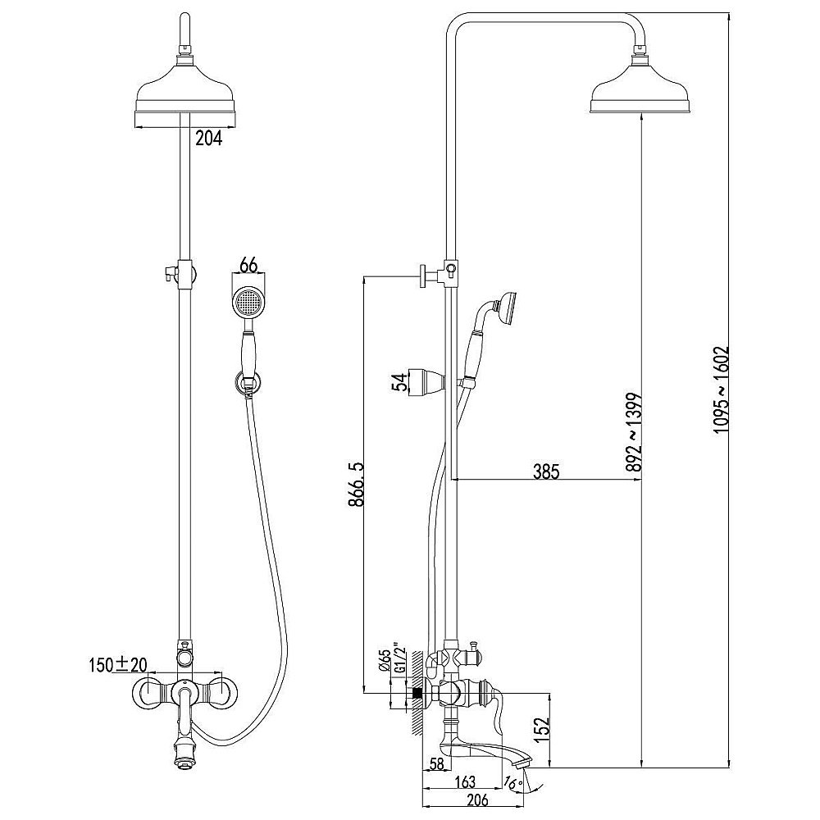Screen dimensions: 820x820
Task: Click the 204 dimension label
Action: [x=209, y=138]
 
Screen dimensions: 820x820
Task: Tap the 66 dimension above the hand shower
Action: [x=249, y=266]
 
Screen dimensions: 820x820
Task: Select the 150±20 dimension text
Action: [x=117, y=665]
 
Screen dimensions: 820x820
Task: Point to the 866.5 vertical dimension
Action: [x=356, y=485]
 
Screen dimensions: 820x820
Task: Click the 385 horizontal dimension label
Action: [x=546, y=471]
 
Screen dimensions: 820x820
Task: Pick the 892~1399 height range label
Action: [x=635, y=432]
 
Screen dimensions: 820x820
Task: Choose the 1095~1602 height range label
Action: [x=722, y=389]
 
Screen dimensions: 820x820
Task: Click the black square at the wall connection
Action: [x=417, y=694]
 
